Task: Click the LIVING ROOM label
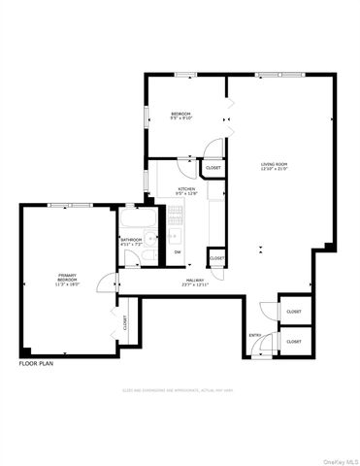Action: click(274, 167)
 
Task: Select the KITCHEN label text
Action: click(186, 190)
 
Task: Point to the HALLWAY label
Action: click(194, 283)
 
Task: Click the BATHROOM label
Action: click(131, 241)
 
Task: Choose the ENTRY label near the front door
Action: click(255, 336)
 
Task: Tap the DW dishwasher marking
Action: click(178, 252)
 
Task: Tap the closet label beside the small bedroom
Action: click(213, 168)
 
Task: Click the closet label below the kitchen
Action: click(217, 258)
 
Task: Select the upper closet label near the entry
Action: click(294, 312)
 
